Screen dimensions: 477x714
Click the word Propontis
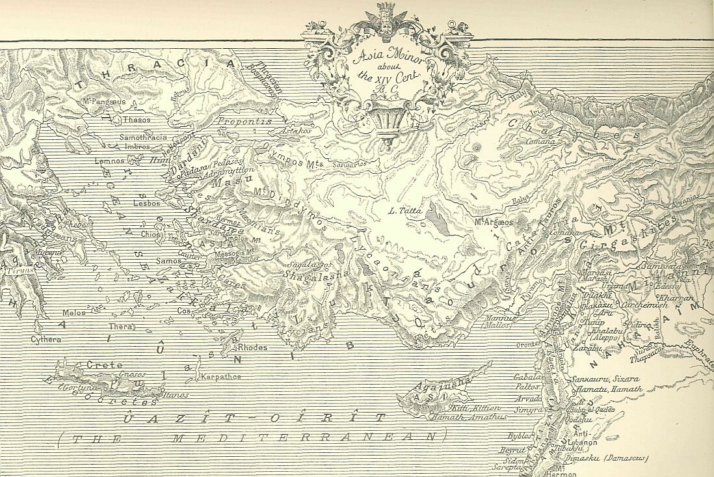[x=244, y=121]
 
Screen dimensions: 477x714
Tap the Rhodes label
[x=252, y=348]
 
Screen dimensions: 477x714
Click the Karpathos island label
[x=221, y=376]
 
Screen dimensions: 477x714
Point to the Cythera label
[x=46, y=339]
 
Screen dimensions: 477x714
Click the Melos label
[x=74, y=312]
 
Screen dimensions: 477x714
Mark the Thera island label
[x=122, y=326]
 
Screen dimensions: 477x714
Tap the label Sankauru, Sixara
[x=604, y=378]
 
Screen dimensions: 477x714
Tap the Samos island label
[x=152, y=261]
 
